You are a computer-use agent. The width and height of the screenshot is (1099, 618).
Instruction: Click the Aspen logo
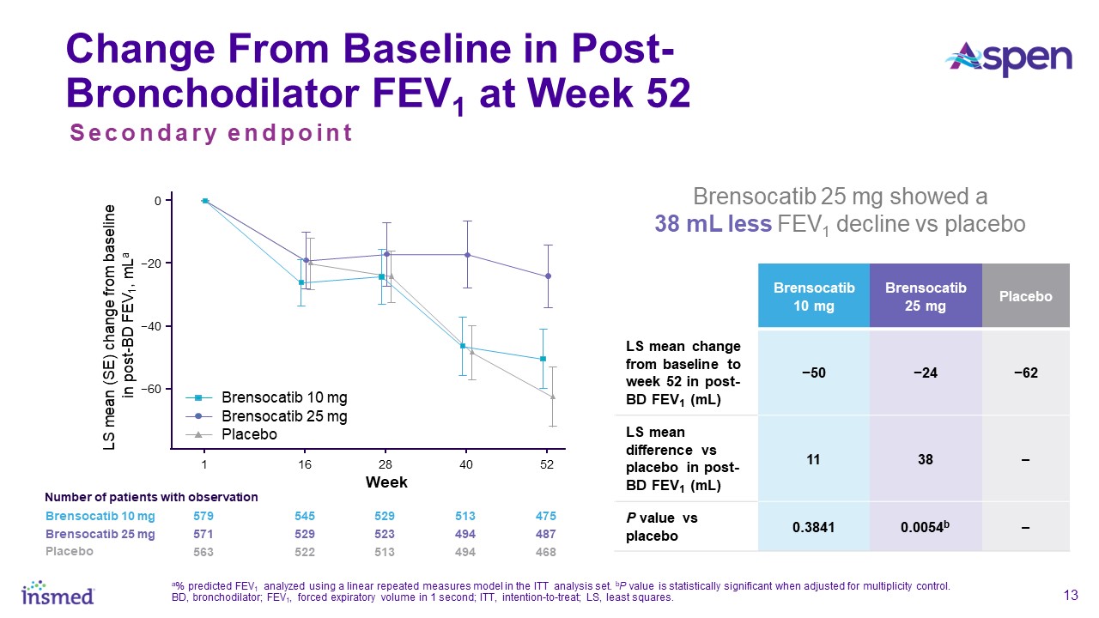1008,58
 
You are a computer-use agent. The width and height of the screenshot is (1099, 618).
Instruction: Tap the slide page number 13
1070,596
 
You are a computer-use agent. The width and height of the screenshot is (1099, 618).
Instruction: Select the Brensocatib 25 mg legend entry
284,416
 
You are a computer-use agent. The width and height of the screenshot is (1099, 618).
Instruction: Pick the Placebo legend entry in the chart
249,434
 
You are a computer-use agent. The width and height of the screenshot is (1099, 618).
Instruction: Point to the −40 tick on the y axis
157,326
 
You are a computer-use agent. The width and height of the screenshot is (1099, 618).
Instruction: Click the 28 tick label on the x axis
385,464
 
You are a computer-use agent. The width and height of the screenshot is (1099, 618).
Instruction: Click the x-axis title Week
386,482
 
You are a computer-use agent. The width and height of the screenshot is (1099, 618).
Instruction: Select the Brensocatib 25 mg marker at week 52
548,276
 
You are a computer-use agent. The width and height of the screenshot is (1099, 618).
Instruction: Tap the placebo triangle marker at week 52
553,396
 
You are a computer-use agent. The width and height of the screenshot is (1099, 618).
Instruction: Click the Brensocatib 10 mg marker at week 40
463,346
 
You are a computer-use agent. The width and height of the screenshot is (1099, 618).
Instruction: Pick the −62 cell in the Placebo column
1027,373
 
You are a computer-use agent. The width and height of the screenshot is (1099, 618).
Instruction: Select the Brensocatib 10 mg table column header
812,295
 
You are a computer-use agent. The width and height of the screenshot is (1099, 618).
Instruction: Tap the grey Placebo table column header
1027,295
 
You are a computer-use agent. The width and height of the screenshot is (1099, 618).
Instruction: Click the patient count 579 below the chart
203,516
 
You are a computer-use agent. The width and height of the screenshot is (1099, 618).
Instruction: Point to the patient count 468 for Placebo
545,551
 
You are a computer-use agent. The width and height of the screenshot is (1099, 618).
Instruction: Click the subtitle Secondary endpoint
211,134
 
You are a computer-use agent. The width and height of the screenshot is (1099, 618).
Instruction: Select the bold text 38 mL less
711,225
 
